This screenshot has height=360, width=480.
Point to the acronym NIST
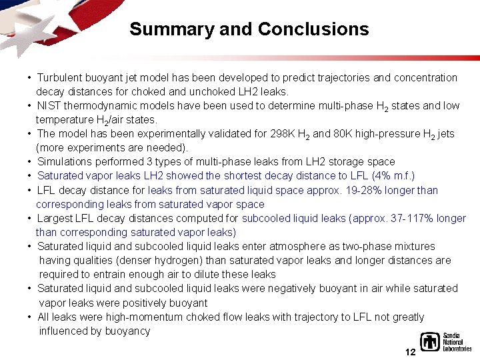49,105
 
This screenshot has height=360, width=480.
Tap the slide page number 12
411,351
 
